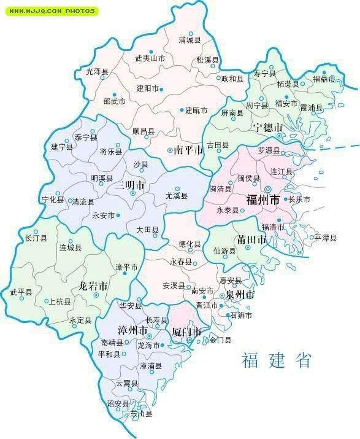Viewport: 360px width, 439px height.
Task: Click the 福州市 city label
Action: [x=262, y=200]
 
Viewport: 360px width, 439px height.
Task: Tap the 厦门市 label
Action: [x=186, y=332]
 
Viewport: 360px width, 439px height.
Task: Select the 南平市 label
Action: [x=188, y=150]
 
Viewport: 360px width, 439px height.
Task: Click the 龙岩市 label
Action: [x=93, y=286]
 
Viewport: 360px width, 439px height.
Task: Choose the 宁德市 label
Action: [x=268, y=128]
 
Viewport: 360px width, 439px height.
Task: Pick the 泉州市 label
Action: [x=240, y=295]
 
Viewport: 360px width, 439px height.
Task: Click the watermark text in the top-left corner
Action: [x=48, y=10]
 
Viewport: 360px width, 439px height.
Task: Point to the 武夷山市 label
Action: [x=150, y=59]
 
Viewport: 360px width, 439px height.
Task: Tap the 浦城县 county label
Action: [x=190, y=41]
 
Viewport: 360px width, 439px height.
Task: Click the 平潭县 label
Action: [x=326, y=237]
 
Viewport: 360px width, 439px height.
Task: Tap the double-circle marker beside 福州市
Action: [x=268, y=188]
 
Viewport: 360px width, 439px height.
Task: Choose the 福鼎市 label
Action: [x=324, y=79]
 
